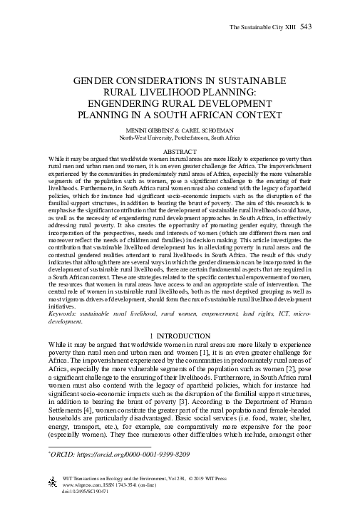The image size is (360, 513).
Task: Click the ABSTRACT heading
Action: point(180,151)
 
